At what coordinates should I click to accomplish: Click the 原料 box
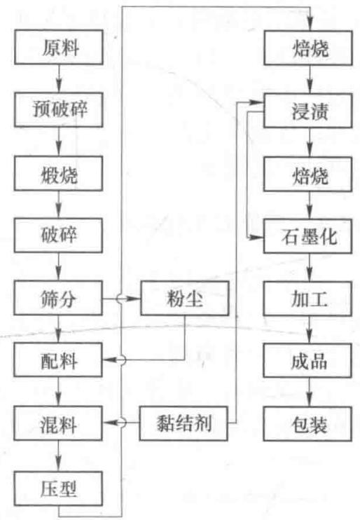click(58, 47)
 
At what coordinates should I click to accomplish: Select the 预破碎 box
click(58, 109)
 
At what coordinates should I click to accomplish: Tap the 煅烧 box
click(58, 173)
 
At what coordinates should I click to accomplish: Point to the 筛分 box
click(58, 298)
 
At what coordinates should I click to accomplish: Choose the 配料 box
click(58, 360)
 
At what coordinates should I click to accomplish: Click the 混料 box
click(58, 423)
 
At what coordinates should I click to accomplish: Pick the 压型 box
click(58, 488)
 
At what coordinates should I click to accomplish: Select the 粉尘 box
click(185, 298)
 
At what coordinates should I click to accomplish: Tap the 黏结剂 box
click(184, 423)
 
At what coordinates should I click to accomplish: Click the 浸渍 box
click(308, 111)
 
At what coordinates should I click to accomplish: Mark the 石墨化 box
click(308, 236)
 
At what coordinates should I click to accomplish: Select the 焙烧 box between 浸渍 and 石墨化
click(308, 174)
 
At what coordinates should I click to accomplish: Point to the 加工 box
click(308, 299)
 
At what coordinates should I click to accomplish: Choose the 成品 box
click(308, 360)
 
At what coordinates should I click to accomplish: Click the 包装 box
click(308, 424)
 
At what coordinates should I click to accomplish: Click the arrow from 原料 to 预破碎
click(59, 78)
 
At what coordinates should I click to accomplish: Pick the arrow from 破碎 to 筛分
click(59, 266)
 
